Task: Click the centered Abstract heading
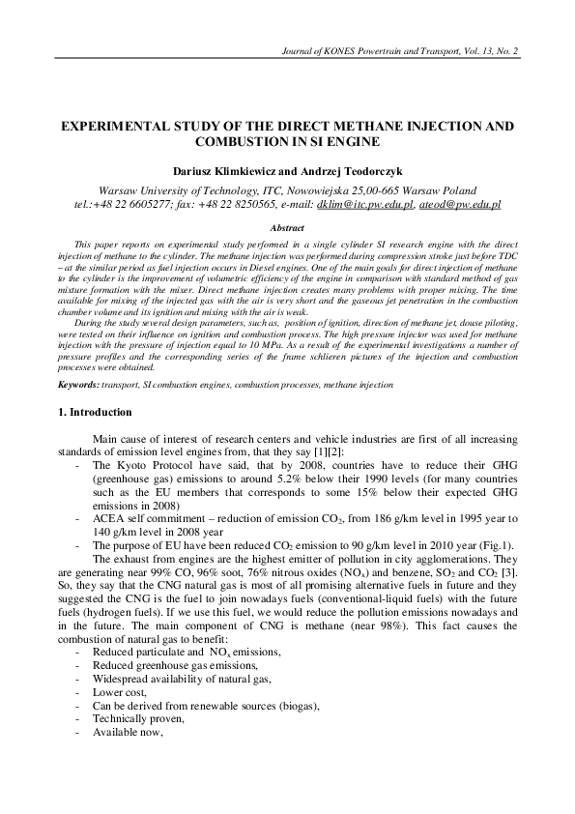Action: (x=287, y=227)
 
